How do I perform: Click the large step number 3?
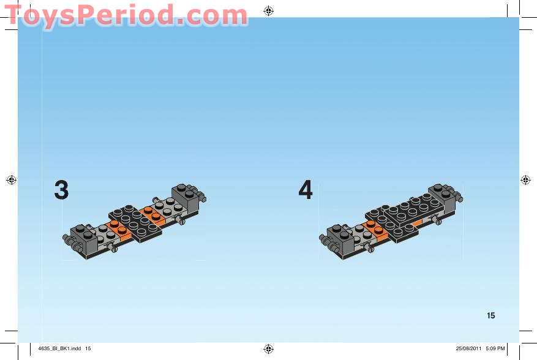pos(61,190)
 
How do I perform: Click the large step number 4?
pos(306,190)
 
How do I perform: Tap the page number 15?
pos(491,316)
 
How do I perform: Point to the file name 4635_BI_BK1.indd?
pos(59,349)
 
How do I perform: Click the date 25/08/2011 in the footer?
pos(468,349)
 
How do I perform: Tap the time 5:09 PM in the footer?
pos(495,349)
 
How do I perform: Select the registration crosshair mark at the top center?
pos(268,10)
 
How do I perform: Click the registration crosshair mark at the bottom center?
pos(268,349)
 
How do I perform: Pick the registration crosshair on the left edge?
pos(11,180)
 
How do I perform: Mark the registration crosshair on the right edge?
pos(525,180)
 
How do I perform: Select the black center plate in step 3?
pos(135,222)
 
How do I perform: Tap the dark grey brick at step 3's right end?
pos(186,195)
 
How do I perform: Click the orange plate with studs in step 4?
pos(374,228)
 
